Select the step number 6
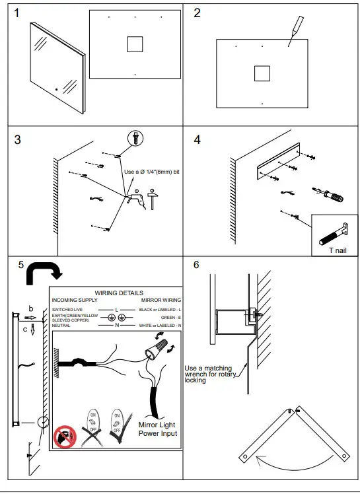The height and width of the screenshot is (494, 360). pyautogui.click(x=196, y=265)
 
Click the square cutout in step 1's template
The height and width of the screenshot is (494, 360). pyautogui.click(x=135, y=44)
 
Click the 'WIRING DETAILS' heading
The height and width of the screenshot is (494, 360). pyautogui.click(x=119, y=293)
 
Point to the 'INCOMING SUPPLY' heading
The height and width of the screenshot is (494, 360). pyautogui.click(x=74, y=300)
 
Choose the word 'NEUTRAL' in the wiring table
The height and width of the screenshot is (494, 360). pyautogui.click(x=61, y=326)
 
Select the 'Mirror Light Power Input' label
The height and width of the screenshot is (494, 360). pyautogui.click(x=158, y=429)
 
